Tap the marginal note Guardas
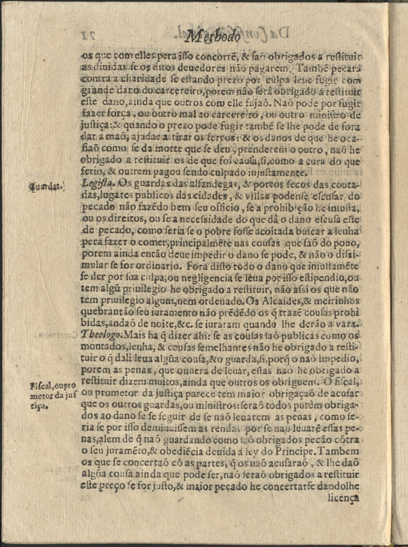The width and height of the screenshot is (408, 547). [48, 188]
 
